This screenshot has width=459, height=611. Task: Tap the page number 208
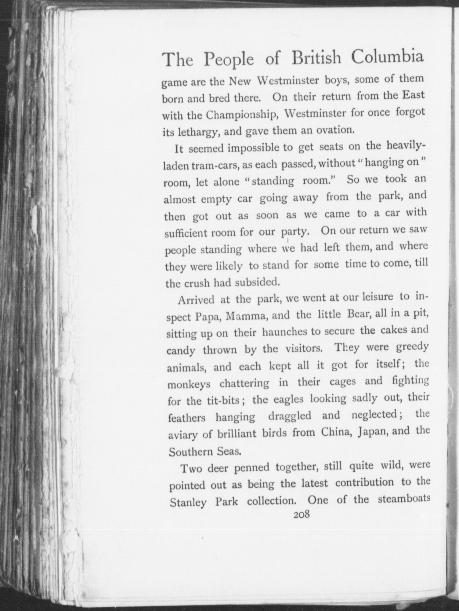tap(301, 514)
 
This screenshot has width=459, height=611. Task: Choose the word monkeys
tap(189, 384)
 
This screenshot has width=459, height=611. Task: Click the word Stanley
tap(188, 502)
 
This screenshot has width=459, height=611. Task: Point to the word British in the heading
tap(316, 58)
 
